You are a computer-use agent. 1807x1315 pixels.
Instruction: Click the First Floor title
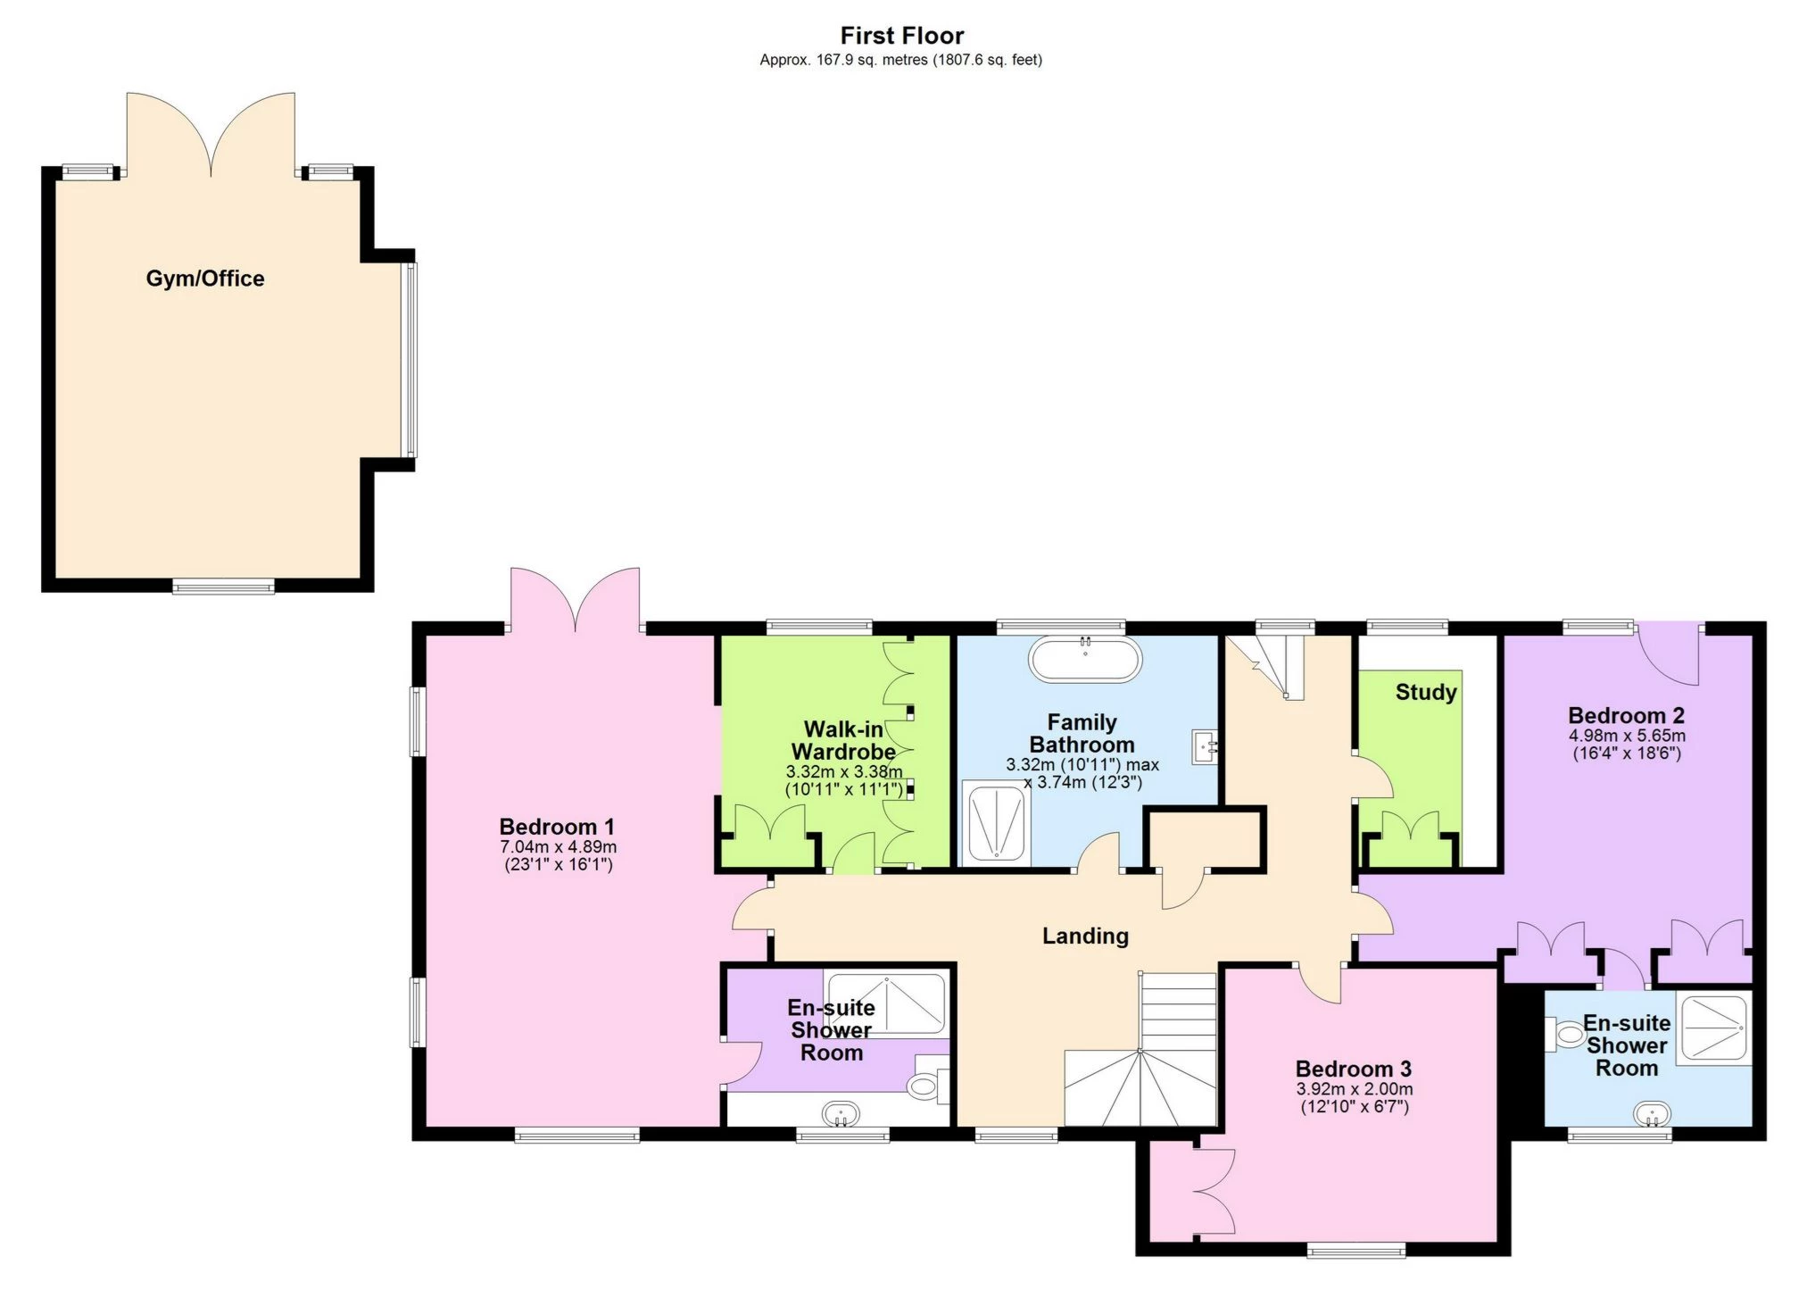(901, 36)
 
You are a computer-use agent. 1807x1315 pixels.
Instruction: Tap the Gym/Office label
(205, 279)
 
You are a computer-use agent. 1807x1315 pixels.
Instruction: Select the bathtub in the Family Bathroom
(1085, 661)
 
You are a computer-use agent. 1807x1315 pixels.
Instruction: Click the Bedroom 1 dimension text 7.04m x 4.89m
(558, 846)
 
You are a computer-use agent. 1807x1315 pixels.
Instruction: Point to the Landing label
(1085, 936)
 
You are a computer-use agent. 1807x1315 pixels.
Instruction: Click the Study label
(1425, 692)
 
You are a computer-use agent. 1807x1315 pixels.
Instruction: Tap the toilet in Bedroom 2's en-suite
(1565, 1035)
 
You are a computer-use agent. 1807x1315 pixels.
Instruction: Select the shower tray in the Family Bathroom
(996, 822)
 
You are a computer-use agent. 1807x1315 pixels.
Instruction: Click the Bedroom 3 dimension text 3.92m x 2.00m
(1354, 1089)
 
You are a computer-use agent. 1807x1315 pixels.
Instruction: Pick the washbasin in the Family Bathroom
(1205, 745)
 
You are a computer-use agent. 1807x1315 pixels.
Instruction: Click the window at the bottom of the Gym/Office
(223, 587)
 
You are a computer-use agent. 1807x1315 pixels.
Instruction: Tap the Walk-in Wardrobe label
(842, 740)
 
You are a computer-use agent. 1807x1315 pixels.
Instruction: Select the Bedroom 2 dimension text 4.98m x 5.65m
(1627, 736)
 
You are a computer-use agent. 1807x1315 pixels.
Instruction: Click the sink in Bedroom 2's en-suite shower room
(1652, 1114)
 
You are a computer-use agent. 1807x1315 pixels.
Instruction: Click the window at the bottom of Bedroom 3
(1355, 1252)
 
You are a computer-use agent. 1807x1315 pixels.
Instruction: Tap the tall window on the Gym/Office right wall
(410, 359)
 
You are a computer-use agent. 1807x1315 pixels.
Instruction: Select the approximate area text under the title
(900, 60)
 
